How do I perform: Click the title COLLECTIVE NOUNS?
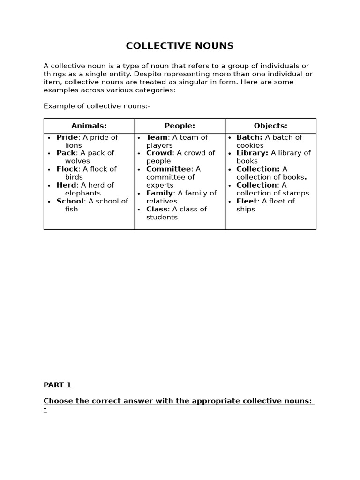pos(180,46)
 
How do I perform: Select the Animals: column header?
pos(89,126)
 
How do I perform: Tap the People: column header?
pos(180,126)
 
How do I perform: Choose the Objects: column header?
pos(270,126)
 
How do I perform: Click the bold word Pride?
pos(67,137)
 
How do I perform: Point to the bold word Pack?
pos(66,153)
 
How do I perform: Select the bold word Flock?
pos(67,169)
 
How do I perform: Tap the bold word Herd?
pos(66,185)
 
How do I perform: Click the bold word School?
pos(70,201)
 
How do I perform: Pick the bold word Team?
pos(157,137)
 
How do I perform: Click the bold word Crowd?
pos(159,153)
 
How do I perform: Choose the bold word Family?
pos(159,193)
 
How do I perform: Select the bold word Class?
pos(157,209)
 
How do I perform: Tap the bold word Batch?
pos(249,137)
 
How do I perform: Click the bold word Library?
pos(252,153)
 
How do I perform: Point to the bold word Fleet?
pos(247,201)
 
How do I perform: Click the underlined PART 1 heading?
pos(57,385)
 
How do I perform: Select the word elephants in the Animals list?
pos(82,193)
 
